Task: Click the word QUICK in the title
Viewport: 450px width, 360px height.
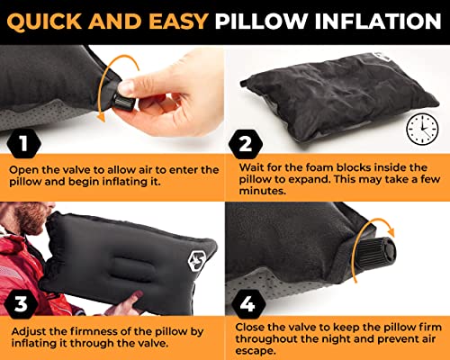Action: click(43, 18)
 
